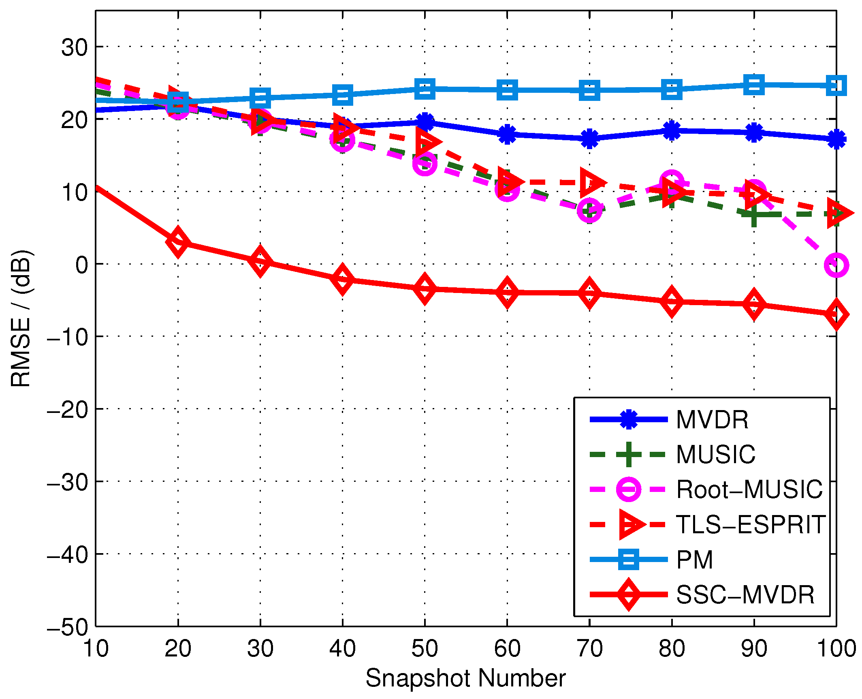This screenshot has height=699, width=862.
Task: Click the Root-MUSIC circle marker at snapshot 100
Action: coord(836,265)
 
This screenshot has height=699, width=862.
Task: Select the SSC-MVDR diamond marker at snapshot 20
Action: coord(178,242)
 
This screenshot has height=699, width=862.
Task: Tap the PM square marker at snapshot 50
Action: coord(425,89)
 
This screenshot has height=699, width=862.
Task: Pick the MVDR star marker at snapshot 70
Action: coord(589,139)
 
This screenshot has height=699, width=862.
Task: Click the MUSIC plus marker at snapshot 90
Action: coord(753,214)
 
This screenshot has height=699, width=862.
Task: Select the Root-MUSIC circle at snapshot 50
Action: coord(425,164)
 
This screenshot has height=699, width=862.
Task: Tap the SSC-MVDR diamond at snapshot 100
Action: coord(836,314)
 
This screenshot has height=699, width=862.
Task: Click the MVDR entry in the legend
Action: coord(712,419)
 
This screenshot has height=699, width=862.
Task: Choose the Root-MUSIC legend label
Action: coord(749,490)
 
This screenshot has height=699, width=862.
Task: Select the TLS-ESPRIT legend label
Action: coord(751,525)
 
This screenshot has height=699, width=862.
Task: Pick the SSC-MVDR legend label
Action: coord(745,595)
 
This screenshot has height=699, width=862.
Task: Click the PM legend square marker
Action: coord(628,560)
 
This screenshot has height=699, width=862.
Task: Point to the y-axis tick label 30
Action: coord(75,47)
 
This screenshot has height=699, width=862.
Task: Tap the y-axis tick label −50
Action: coord(68,627)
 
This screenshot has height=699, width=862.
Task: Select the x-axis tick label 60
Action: coord(507,648)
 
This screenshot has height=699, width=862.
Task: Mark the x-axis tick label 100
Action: coord(836,648)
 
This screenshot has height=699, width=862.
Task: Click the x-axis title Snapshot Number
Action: coord(465,678)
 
